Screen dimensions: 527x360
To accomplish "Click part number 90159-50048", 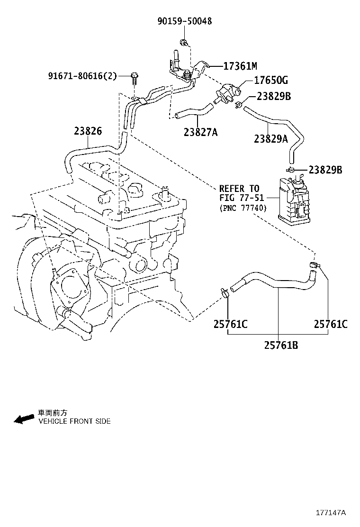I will tap(184, 21).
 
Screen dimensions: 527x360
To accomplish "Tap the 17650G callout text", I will tap(270, 81).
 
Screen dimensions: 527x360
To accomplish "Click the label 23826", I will tap(88, 131).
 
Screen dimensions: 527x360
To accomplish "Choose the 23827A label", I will tap(200, 132).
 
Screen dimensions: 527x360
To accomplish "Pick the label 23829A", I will tap(270, 138).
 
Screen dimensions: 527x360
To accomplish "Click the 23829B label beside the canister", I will tap(325, 170).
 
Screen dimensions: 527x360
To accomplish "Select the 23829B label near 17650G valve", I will tap(273, 96).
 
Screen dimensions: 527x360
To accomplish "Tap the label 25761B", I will tap(281, 345).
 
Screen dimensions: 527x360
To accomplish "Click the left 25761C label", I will tap(230, 324).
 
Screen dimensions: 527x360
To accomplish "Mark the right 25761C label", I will tap(330, 324).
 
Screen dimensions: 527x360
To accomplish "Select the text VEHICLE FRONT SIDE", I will tap(74, 421).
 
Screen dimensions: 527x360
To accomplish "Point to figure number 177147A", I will tap(331, 513).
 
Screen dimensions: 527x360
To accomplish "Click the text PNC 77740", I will tap(243, 208).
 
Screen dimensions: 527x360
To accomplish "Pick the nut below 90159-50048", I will tap(184, 44).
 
